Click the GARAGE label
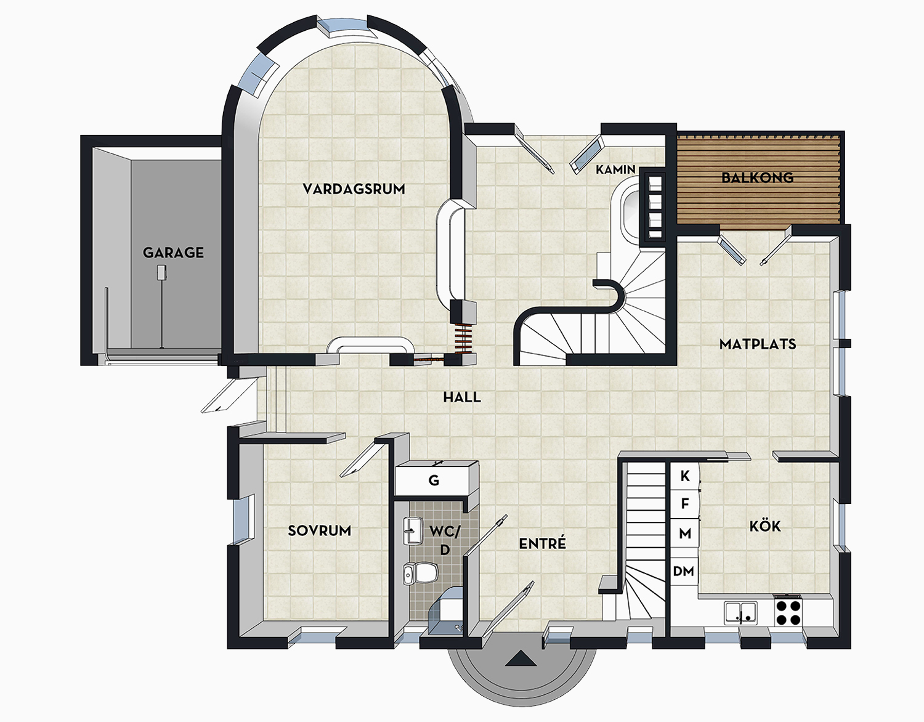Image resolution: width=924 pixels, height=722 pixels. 173,253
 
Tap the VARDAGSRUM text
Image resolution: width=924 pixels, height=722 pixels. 354,189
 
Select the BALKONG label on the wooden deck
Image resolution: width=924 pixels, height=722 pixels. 757,177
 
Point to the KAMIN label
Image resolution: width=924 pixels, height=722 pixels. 615,169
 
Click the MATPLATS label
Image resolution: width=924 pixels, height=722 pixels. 758,344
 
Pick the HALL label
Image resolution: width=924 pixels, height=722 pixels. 462,397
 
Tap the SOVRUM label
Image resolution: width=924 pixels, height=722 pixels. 320,530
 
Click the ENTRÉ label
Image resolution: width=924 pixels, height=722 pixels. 542,544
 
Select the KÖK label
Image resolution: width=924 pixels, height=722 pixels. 765,526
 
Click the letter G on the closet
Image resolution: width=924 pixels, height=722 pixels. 434,481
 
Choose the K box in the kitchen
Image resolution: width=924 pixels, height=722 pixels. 685,476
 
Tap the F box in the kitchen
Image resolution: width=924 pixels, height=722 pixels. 685,505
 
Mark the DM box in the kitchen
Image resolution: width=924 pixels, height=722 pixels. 684,572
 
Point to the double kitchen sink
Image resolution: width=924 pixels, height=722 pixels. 740,612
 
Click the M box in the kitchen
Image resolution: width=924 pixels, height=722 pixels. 685,533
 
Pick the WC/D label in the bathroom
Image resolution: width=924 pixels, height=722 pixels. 445,540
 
